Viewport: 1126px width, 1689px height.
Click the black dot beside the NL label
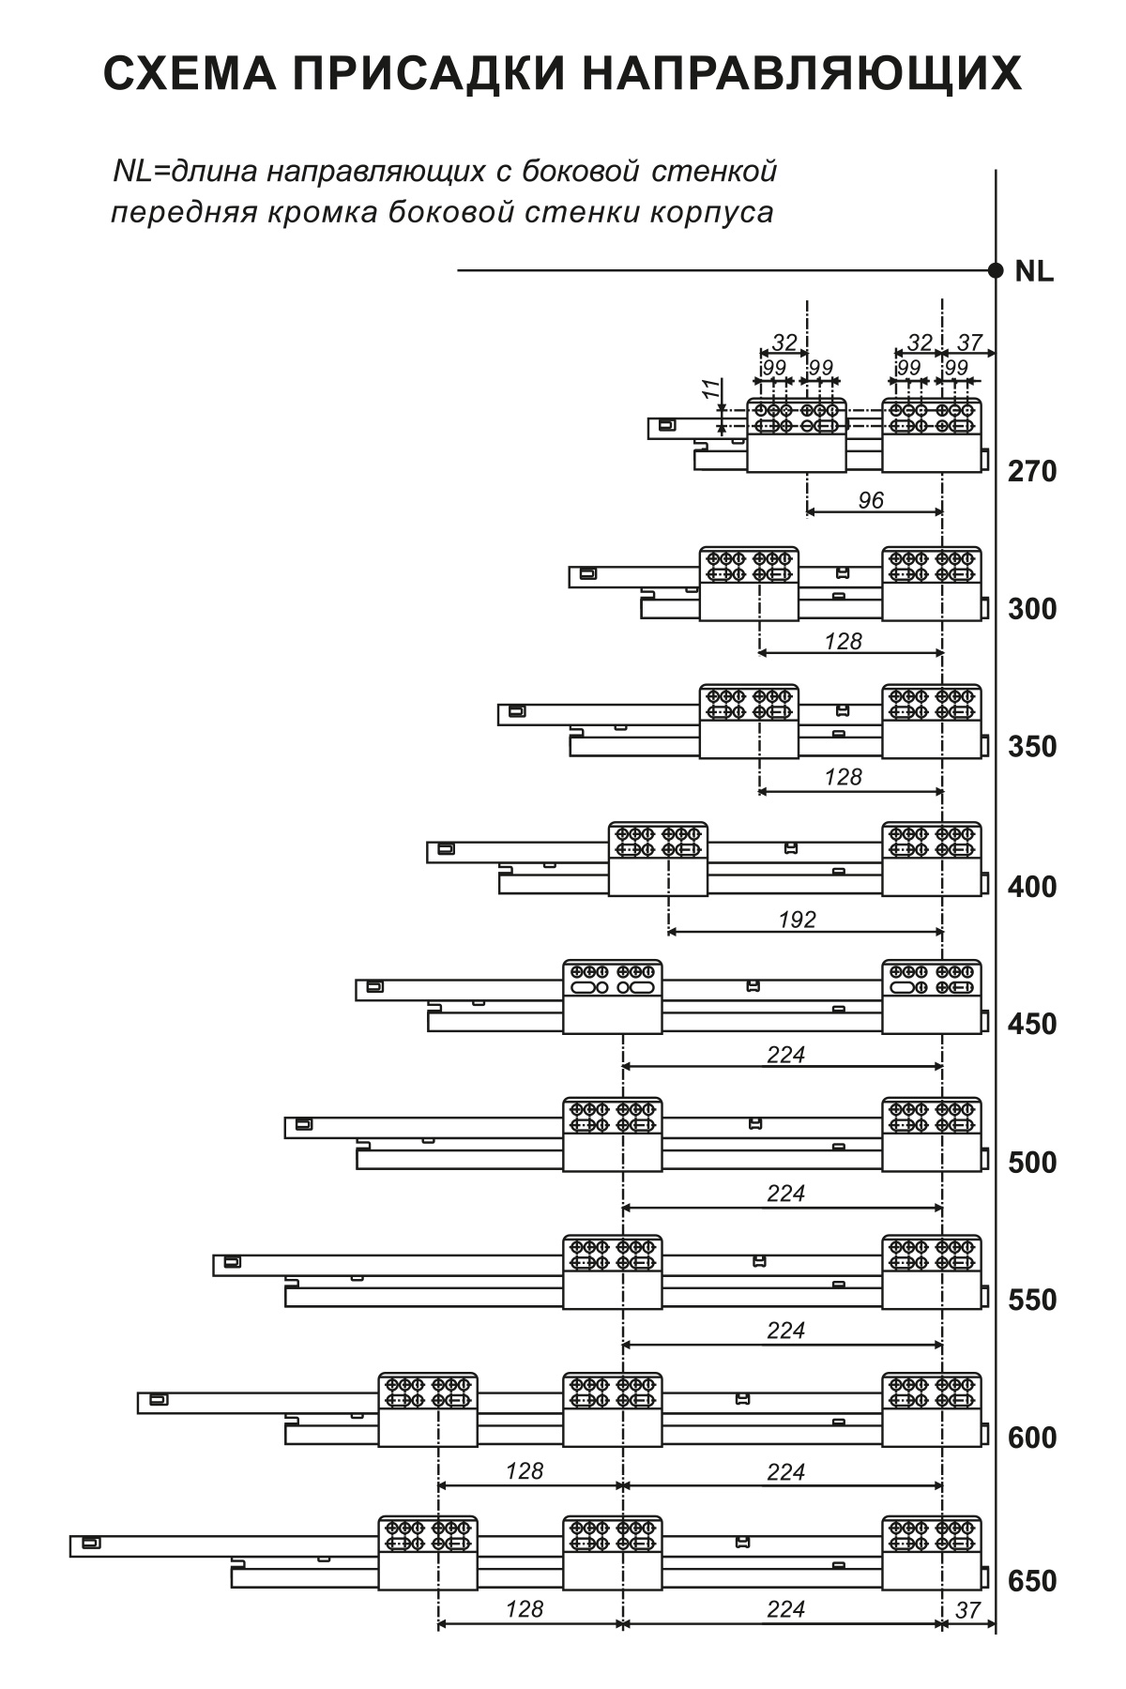(x=996, y=271)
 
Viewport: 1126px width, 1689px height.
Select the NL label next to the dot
(x=1034, y=272)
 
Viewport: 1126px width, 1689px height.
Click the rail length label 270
(x=1032, y=471)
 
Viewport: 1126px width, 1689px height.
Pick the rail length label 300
(x=1032, y=609)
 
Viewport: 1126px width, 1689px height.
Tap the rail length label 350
(x=1032, y=747)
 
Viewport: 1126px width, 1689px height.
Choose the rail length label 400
(x=1032, y=886)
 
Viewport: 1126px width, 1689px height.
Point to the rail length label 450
(x=1032, y=1024)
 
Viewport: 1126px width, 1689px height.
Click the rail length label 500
(x=1032, y=1163)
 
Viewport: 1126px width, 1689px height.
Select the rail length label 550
(x=1032, y=1301)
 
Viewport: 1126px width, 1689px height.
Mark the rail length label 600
(x=1032, y=1438)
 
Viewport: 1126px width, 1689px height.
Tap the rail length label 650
(x=1032, y=1581)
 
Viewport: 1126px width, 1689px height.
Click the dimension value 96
(x=871, y=500)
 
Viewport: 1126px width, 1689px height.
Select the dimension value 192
(x=798, y=920)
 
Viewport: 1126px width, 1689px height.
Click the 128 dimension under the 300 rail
(x=844, y=641)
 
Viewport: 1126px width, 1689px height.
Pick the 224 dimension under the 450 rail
(x=786, y=1055)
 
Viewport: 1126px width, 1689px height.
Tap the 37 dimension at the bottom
(x=967, y=1610)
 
